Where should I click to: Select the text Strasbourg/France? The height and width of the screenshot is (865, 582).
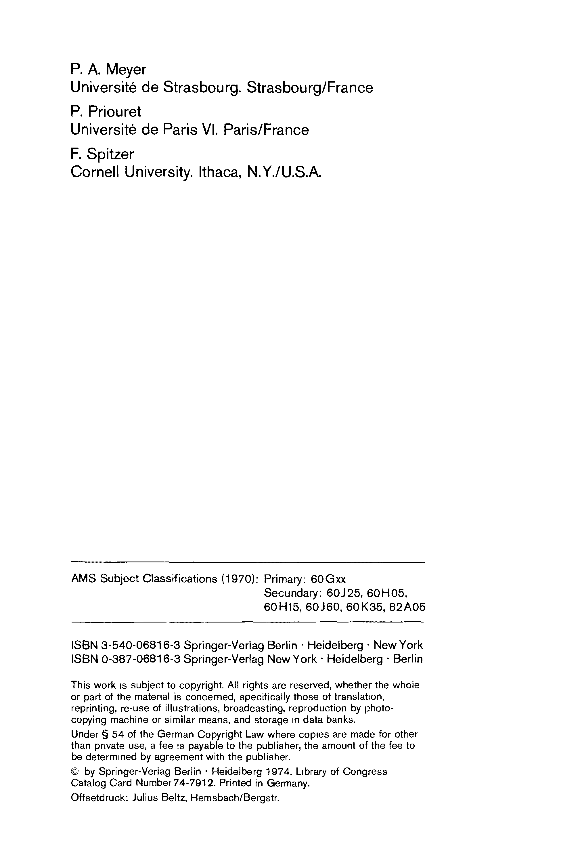coord(310,88)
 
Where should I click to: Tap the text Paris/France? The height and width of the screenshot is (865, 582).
coord(266,130)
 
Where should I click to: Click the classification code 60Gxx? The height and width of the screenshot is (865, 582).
coord(328,579)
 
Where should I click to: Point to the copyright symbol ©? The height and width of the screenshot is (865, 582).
coord(74,772)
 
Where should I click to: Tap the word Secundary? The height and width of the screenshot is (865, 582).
coord(292,593)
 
